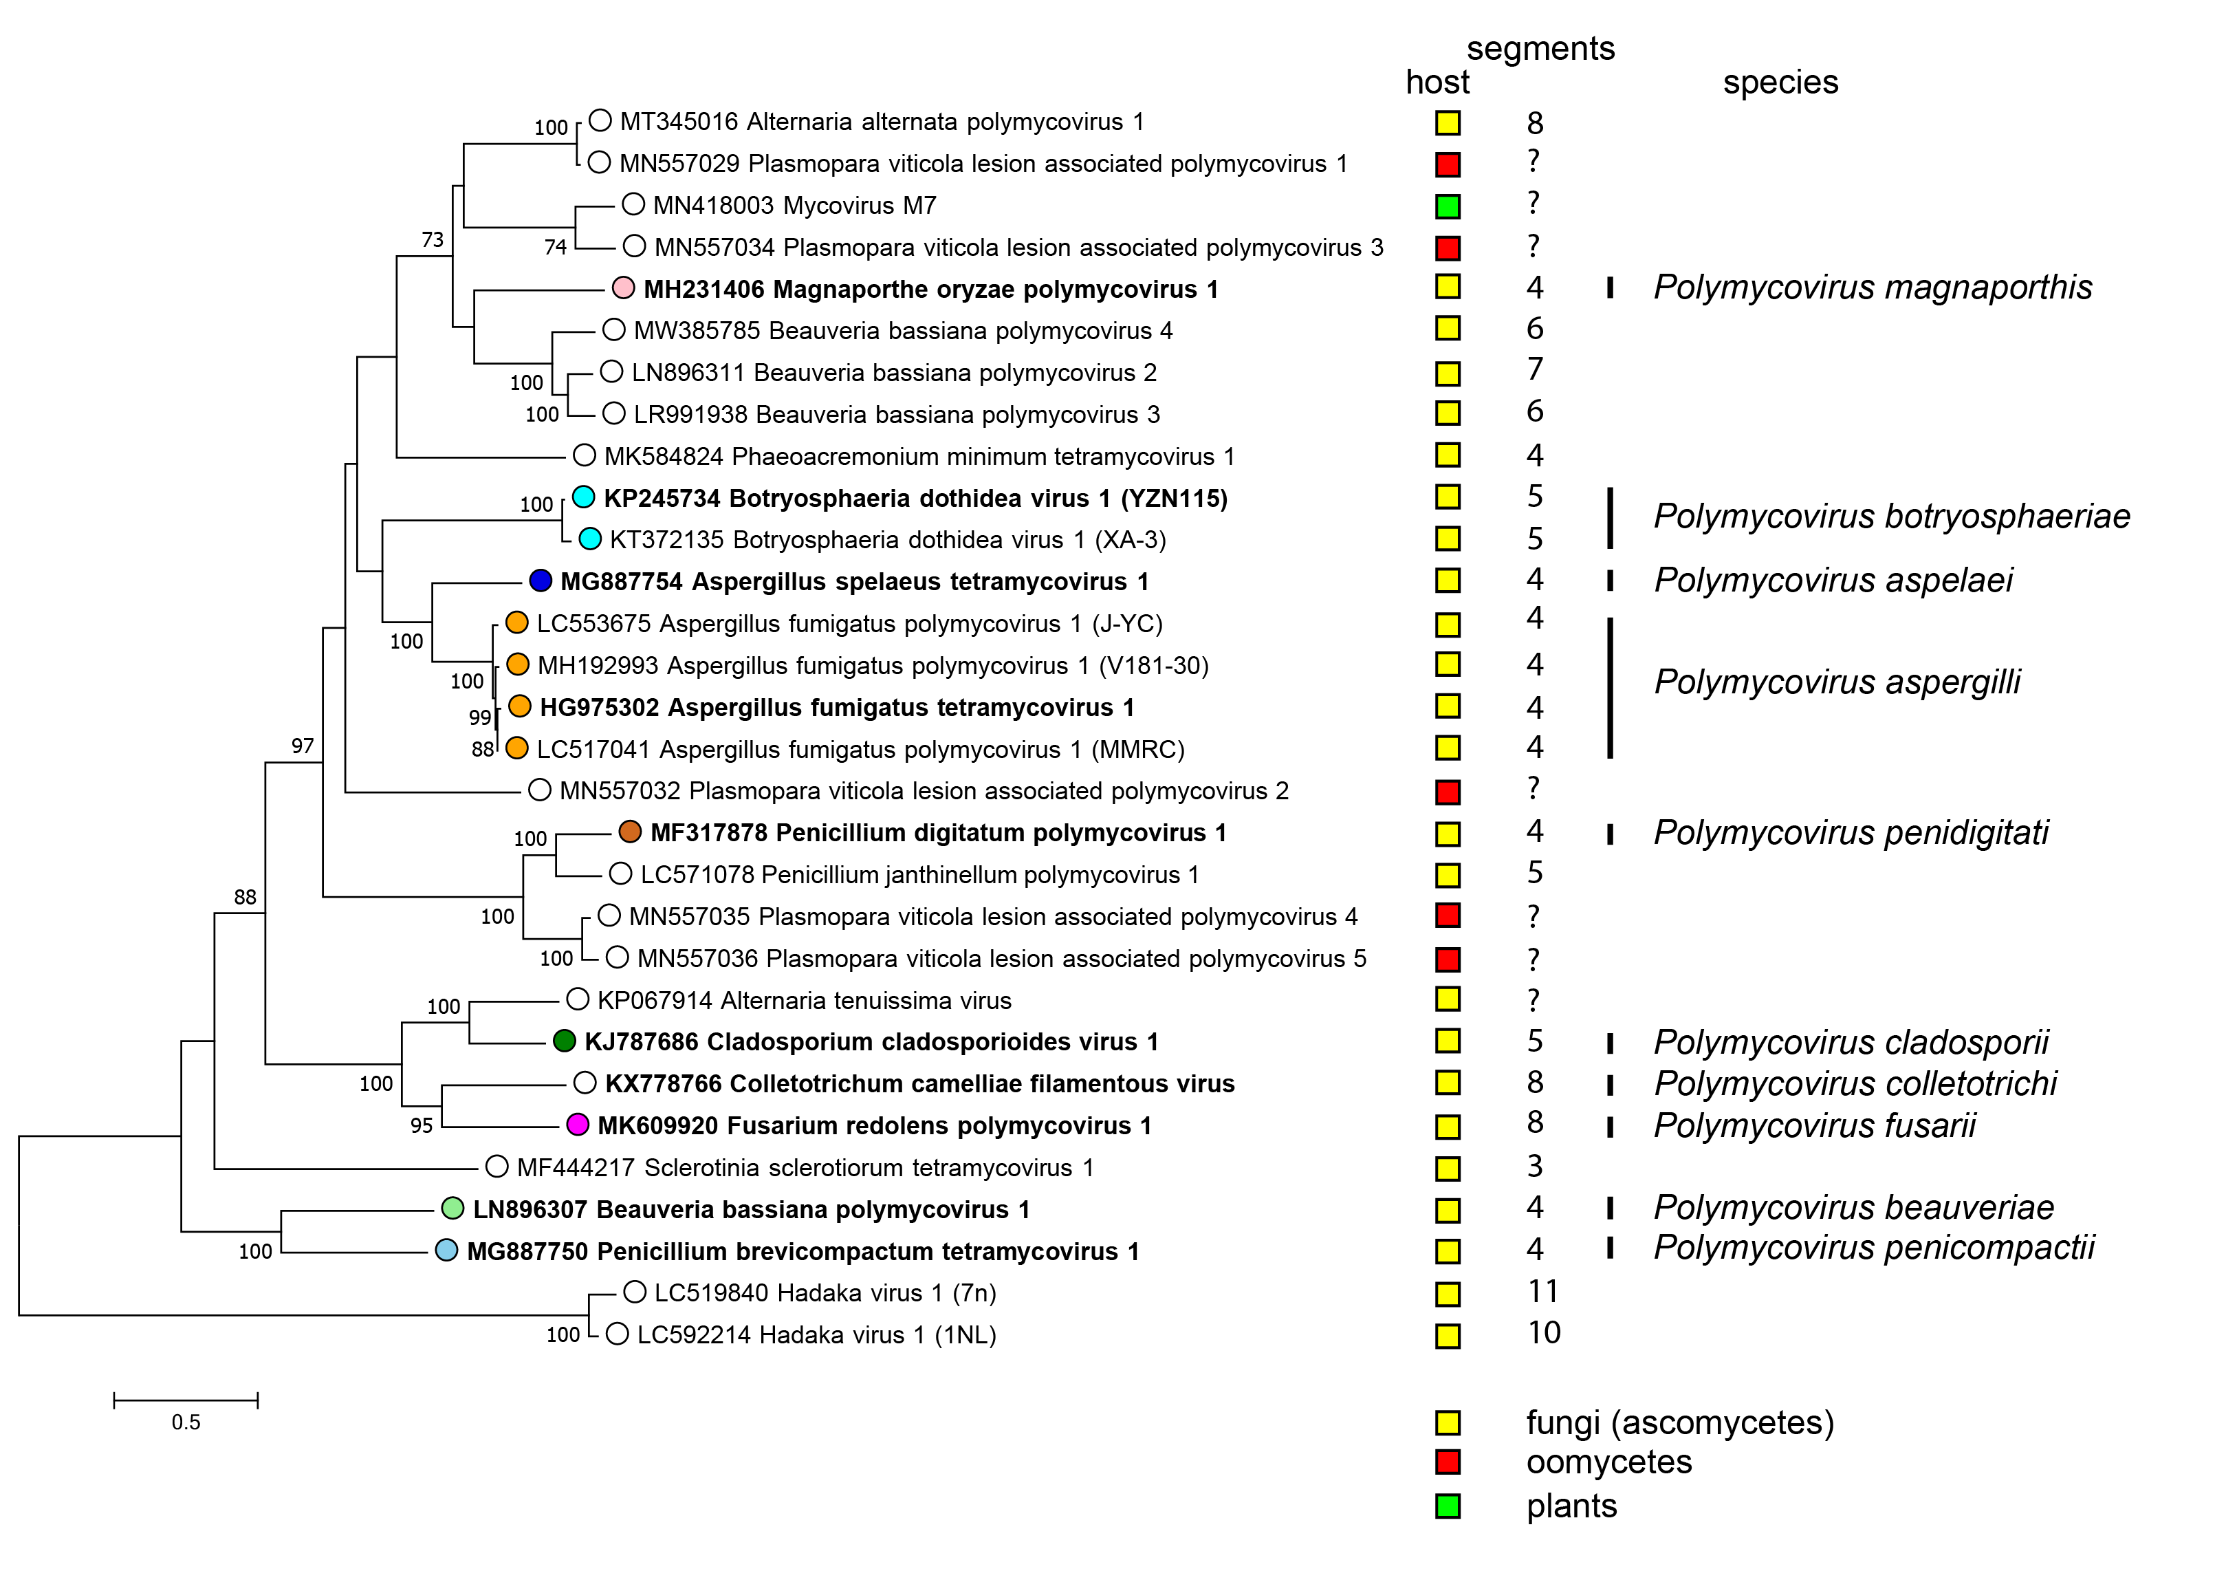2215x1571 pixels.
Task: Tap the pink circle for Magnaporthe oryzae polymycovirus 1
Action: pos(623,288)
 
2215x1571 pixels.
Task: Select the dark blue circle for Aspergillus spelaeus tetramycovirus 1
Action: pos(541,581)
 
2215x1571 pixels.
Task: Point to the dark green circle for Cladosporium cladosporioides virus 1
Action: pos(564,1041)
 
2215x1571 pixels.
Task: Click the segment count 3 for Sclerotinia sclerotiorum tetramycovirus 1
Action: pos(1535,1167)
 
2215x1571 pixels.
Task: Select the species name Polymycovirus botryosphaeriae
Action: pos(1891,517)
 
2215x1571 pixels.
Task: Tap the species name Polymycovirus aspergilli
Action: pos(1837,682)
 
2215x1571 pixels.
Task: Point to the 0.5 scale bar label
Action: pos(186,1422)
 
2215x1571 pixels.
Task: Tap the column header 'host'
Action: pos(1437,83)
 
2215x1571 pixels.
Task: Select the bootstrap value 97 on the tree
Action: pos(303,746)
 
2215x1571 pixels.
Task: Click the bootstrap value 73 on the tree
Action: pos(433,240)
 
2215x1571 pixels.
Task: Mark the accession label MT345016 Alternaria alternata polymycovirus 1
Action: pos(881,122)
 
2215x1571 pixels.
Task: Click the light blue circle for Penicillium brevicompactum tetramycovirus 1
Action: pos(446,1250)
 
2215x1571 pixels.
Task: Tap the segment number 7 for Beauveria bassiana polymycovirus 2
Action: pos(1535,369)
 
